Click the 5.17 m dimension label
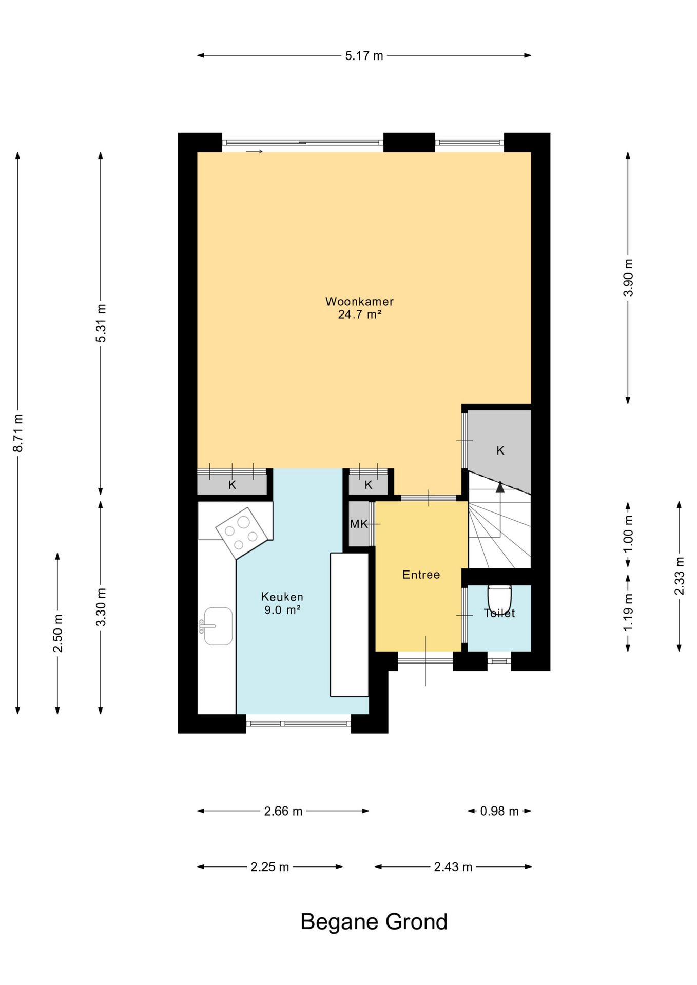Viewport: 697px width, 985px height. (x=364, y=56)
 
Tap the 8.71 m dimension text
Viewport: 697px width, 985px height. (x=18, y=432)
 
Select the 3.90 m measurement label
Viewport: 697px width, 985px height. (x=628, y=278)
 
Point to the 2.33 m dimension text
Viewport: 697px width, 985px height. (x=680, y=576)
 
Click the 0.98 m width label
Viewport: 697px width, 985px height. (x=499, y=811)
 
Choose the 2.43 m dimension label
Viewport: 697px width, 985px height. (x=453, y=867)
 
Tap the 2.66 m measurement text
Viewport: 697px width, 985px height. (x=283, y=811)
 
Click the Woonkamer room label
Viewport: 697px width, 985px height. (x=359, y=302)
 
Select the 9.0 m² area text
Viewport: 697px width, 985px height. (x=282, y=610)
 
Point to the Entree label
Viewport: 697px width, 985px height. (x=421, y=575)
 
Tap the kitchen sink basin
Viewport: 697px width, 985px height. (x=218, y=626)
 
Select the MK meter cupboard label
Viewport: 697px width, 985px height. (x=359, y=524)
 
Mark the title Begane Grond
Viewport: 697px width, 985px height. (x=374, y=922)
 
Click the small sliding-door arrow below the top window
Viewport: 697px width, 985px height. (x=255, y=151)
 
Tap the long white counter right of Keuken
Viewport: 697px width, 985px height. (x=350, y=624)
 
